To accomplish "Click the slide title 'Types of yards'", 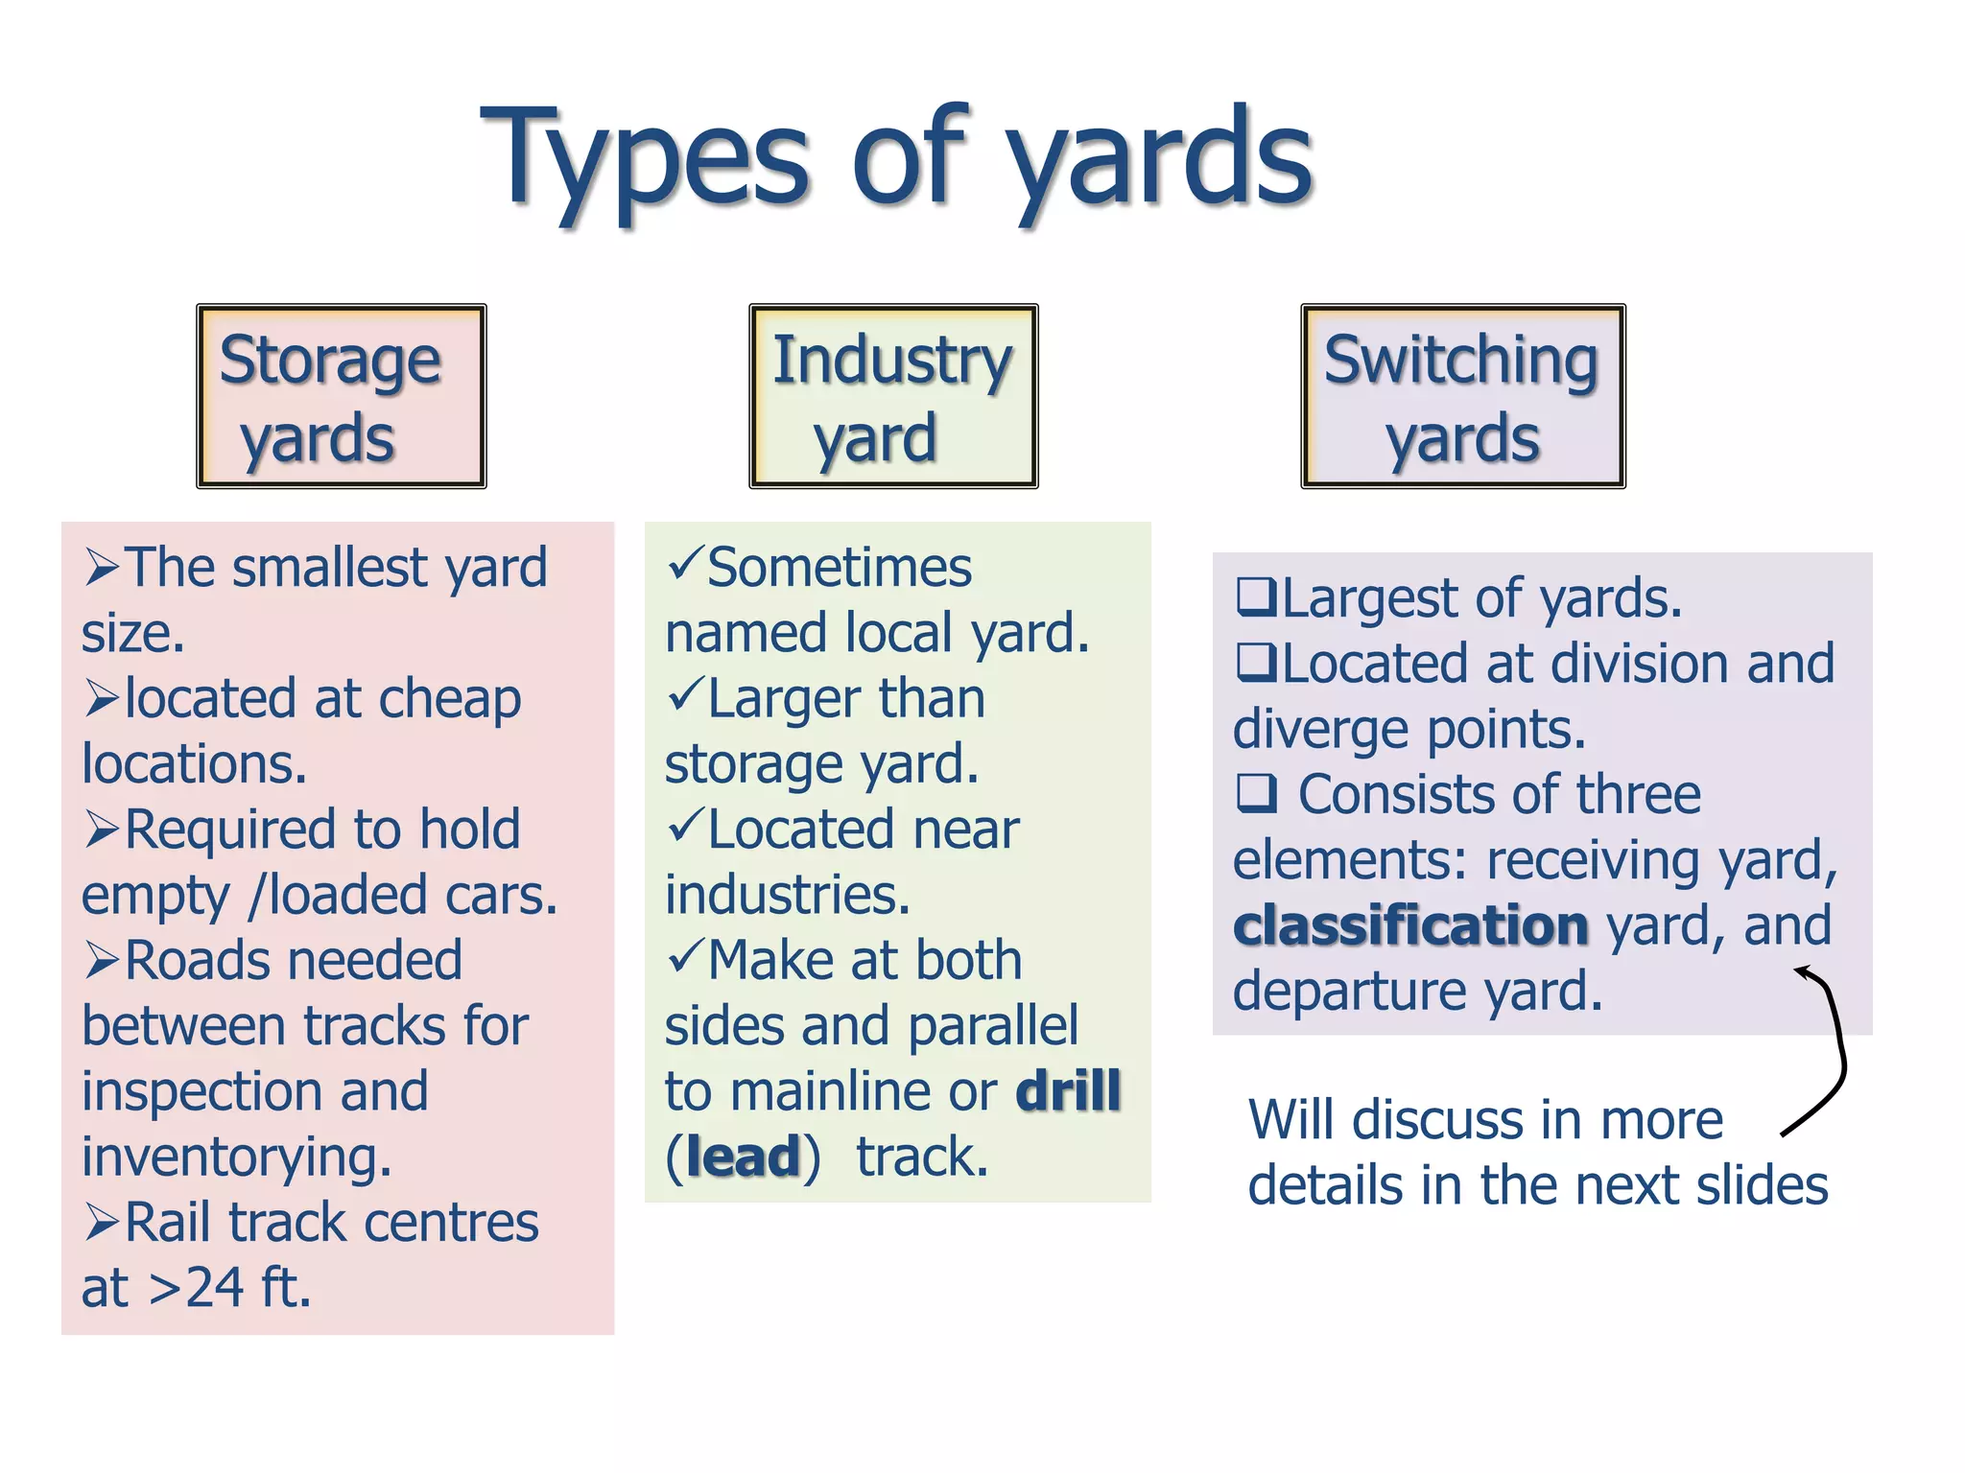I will tap(896, 158).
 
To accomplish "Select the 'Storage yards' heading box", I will tap(342, 396).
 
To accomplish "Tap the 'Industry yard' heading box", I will tap(893, 396).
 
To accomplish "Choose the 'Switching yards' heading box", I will tap(1462, 396).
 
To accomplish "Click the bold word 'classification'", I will tap(1410, 926).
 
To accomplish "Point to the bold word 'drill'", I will tap(1068, 1091).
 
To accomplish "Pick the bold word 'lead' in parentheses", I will tap(744, 1157).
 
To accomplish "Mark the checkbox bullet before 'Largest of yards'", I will tap(1256, 596).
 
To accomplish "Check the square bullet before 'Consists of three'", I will tap(1256, 793).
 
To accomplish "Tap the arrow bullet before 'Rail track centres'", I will tap(102, 1223).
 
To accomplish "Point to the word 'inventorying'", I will tap(236, 1157).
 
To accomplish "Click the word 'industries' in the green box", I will tap(787, 895).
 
